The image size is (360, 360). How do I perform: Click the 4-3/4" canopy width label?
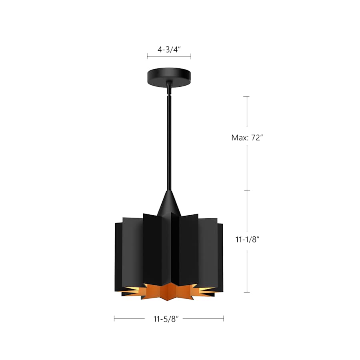[x=169, y=50]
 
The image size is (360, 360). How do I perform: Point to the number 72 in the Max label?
[x=256, y=138]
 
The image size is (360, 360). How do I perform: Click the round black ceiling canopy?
[x=168, y=75]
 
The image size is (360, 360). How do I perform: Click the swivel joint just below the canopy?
[x=170, y=86]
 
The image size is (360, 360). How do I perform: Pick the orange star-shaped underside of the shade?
[x=168, y=291]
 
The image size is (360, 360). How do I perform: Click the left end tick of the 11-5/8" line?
[x=114, y=319]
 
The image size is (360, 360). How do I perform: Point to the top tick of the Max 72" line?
[x=247, y=96]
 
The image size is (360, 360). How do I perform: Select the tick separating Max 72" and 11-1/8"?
[x=247, y=190]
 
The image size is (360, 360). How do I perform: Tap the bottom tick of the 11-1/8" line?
[x=247, y=292]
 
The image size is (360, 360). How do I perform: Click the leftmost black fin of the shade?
[x=118, y=256]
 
